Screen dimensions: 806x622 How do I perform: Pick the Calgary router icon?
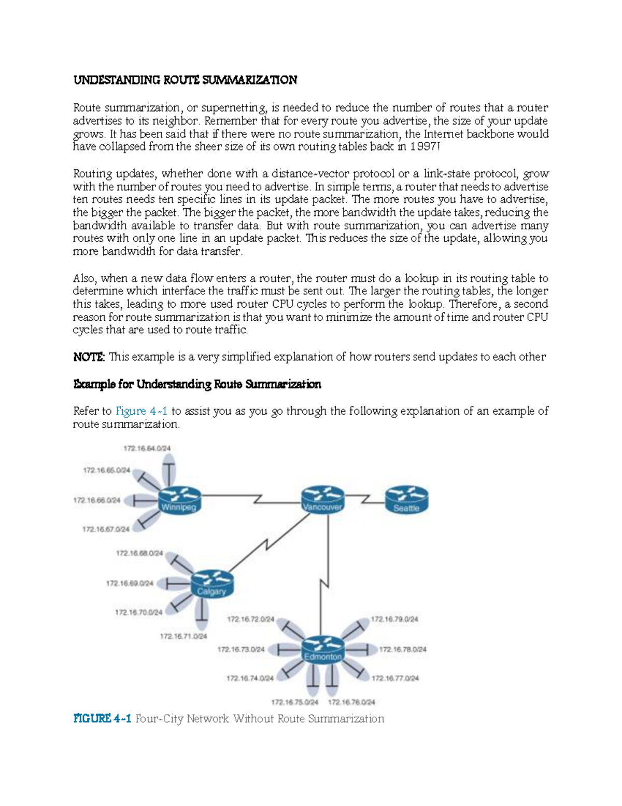point(212,584)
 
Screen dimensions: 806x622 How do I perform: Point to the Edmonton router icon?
point(322,649)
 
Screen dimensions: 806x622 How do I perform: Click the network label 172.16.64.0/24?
point(147,448)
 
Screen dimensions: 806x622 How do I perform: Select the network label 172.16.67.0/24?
point(106,529)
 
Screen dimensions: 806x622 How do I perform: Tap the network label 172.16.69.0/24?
point(130,583)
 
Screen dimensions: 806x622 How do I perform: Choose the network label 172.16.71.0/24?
point(183,636)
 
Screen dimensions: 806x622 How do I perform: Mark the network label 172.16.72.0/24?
point(250,619)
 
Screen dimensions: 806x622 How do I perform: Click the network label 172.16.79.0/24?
point(394,619)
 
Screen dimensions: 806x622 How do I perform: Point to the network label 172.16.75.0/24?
point(295,702)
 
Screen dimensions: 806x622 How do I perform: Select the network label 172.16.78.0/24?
point(403,649)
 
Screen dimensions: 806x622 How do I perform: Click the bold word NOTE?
point(89,357)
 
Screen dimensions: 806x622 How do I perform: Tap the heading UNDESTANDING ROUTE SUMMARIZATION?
point(185,80)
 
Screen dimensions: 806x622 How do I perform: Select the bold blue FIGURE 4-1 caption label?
point(102,719)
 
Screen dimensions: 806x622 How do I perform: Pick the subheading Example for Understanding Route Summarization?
point(197,384)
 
